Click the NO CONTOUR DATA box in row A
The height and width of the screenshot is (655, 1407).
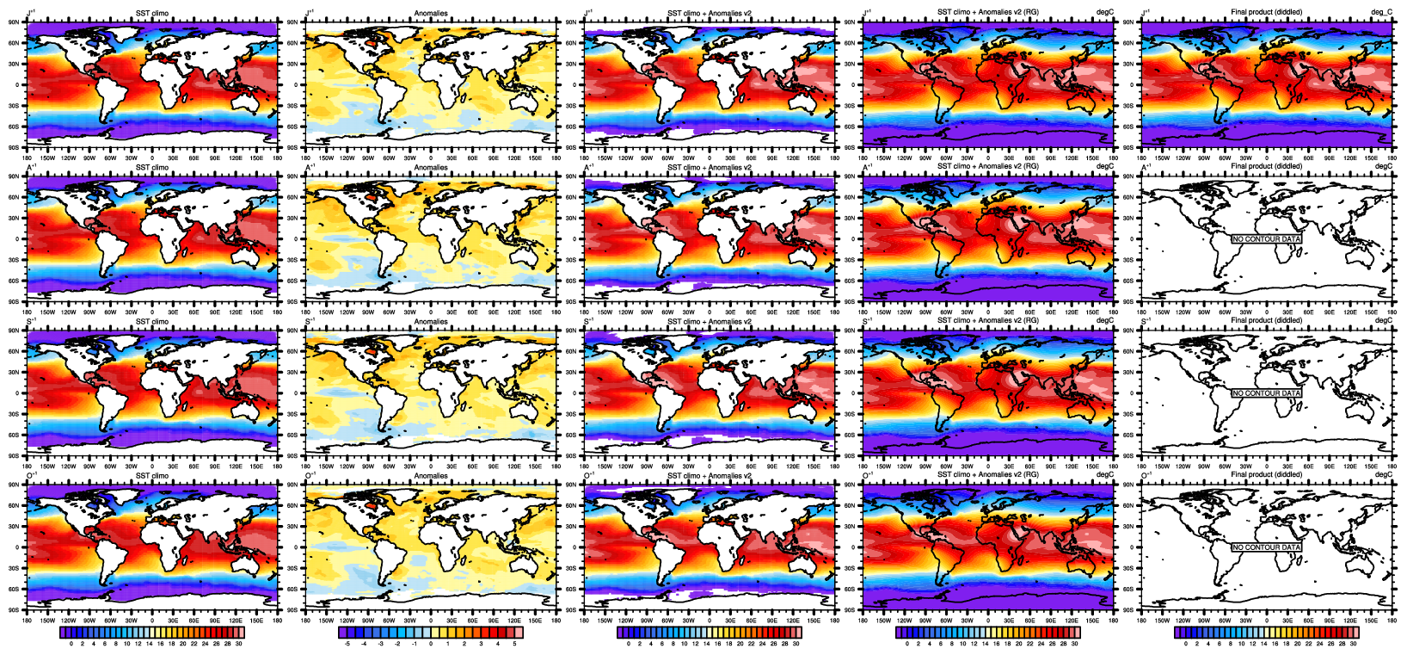(1267, 238)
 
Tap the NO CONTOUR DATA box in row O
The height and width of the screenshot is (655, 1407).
(1267, 547)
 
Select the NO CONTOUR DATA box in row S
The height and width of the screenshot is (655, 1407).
(1267, 393)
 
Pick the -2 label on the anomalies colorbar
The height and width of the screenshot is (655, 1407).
(397, 644)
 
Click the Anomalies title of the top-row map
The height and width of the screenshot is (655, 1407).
(431, 12)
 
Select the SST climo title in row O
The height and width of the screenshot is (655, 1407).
(152, 475)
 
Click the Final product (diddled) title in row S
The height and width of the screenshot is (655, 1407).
(1267, 320)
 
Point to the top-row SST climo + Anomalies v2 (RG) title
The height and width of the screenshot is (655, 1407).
(987, 12)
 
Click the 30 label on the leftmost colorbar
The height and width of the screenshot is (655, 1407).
(238, 644)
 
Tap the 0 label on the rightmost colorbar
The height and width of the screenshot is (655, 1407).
(1186, 644)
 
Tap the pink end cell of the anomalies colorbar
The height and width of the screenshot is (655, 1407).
(518, 633)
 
